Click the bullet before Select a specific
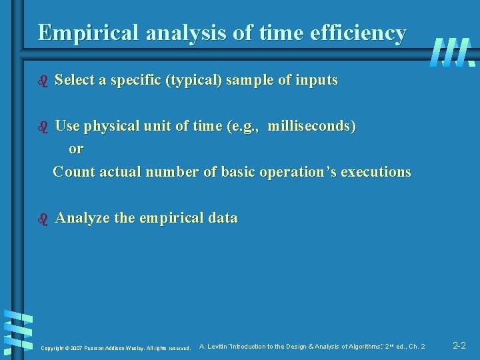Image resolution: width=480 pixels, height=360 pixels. tap(43, 81)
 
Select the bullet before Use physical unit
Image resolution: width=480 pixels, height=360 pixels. tap(43, 126)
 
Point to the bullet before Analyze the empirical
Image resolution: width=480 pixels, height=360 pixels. tap(43, 218)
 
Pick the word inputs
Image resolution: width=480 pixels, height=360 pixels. tap(316, 81)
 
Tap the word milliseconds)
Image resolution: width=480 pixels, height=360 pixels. tap(311, 126)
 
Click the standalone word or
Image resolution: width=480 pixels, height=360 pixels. tap(76, 149)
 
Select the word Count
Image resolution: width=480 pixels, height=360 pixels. tap(73, 172)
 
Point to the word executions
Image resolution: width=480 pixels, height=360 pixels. tap(376, 172)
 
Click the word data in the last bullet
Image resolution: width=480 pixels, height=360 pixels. tap(223, 218)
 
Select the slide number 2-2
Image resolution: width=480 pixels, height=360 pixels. tap(459, 346)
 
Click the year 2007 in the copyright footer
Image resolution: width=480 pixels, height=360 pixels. tap(75, 348)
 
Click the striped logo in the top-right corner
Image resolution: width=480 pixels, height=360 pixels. tap(452, 52)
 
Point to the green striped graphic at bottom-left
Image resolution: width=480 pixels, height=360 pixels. tap(19, 331)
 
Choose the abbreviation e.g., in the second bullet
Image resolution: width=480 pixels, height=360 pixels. tap(245, 126)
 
